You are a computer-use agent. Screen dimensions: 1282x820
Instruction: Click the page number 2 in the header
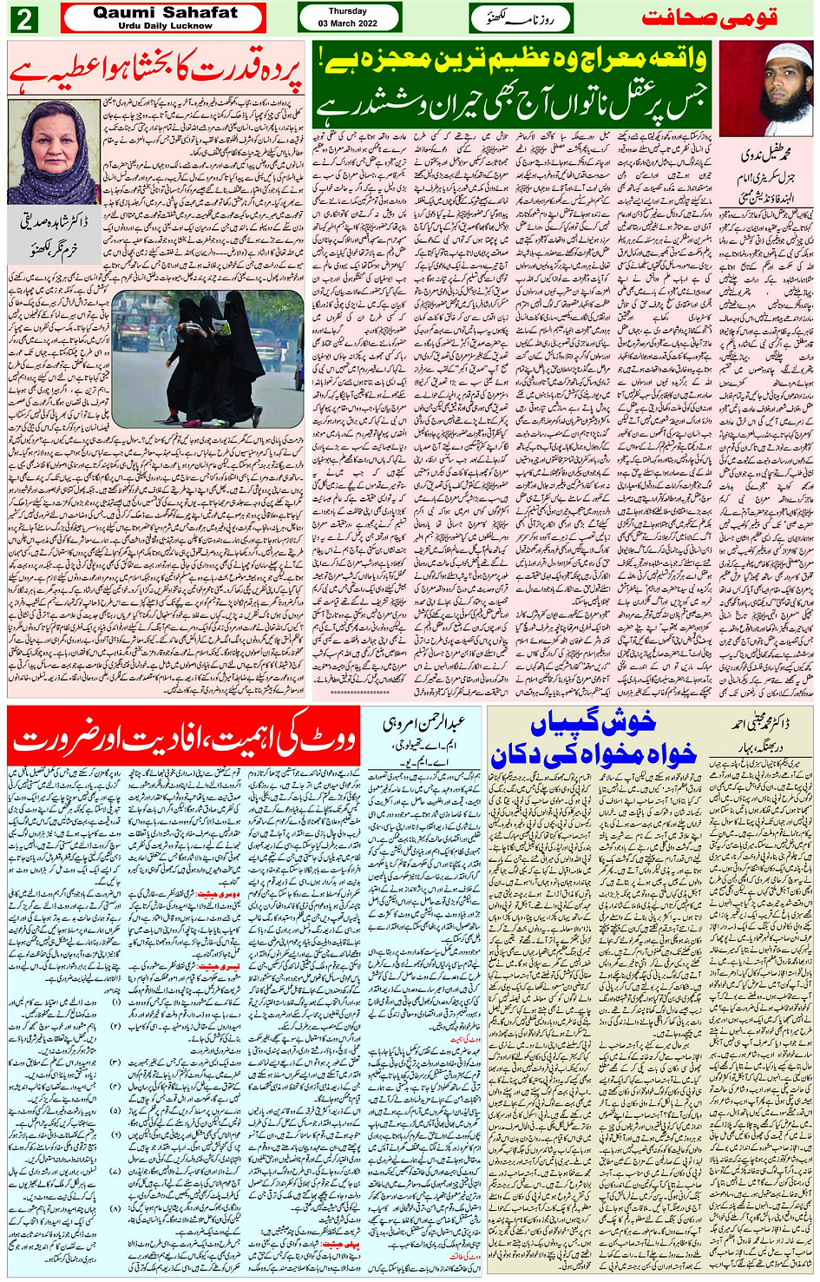[23, 18]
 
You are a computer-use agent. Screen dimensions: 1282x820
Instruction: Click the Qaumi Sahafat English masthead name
[164, 12]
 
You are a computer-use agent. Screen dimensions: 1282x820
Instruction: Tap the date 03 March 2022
[347, 23]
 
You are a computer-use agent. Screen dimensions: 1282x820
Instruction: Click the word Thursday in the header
[347, 11]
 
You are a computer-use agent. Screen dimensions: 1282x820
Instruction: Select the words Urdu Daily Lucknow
[164, 26]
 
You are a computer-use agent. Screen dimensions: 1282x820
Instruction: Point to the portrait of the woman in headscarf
[54, 152]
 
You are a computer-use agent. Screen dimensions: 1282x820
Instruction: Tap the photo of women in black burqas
[207, 358]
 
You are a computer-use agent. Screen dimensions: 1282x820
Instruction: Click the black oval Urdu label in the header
[519, 17]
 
